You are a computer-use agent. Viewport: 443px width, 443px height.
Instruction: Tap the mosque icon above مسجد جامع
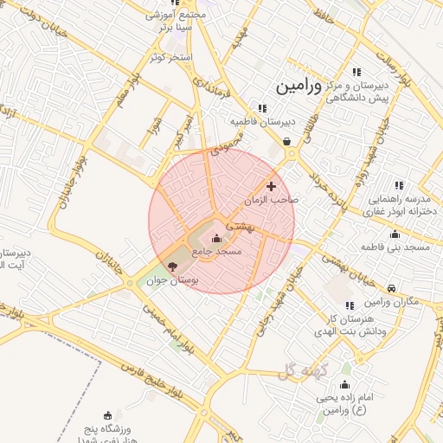tap(216, 238)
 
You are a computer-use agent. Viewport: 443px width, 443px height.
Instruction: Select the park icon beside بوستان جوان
tap(171, 267)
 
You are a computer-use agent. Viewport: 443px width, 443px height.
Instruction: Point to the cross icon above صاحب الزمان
tap(272, 186)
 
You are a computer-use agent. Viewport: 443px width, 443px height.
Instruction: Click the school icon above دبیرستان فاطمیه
tap(262, 108)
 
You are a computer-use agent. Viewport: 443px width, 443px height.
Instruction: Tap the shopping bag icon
tap(286, 142)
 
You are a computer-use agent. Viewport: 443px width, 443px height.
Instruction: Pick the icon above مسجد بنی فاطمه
tap(395, 234)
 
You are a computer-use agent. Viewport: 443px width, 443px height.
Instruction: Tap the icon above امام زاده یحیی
tap(345, 385)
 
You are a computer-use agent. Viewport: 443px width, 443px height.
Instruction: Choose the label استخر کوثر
tap(171, 56)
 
